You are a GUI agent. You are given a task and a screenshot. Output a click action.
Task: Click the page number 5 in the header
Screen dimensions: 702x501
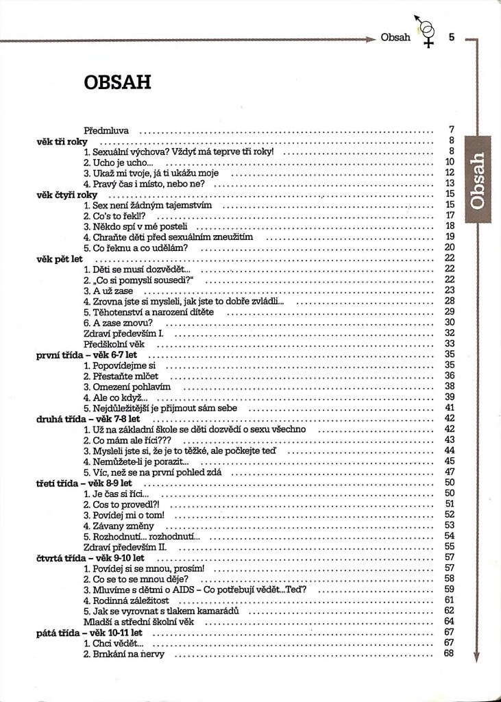pos(451,37)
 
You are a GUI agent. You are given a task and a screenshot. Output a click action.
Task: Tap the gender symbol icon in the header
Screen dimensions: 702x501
pos(427,33)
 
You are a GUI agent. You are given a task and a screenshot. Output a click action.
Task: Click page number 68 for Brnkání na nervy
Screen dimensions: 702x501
pos(450,653)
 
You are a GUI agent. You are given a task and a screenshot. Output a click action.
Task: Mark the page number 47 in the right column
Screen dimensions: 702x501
pos(450,472)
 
